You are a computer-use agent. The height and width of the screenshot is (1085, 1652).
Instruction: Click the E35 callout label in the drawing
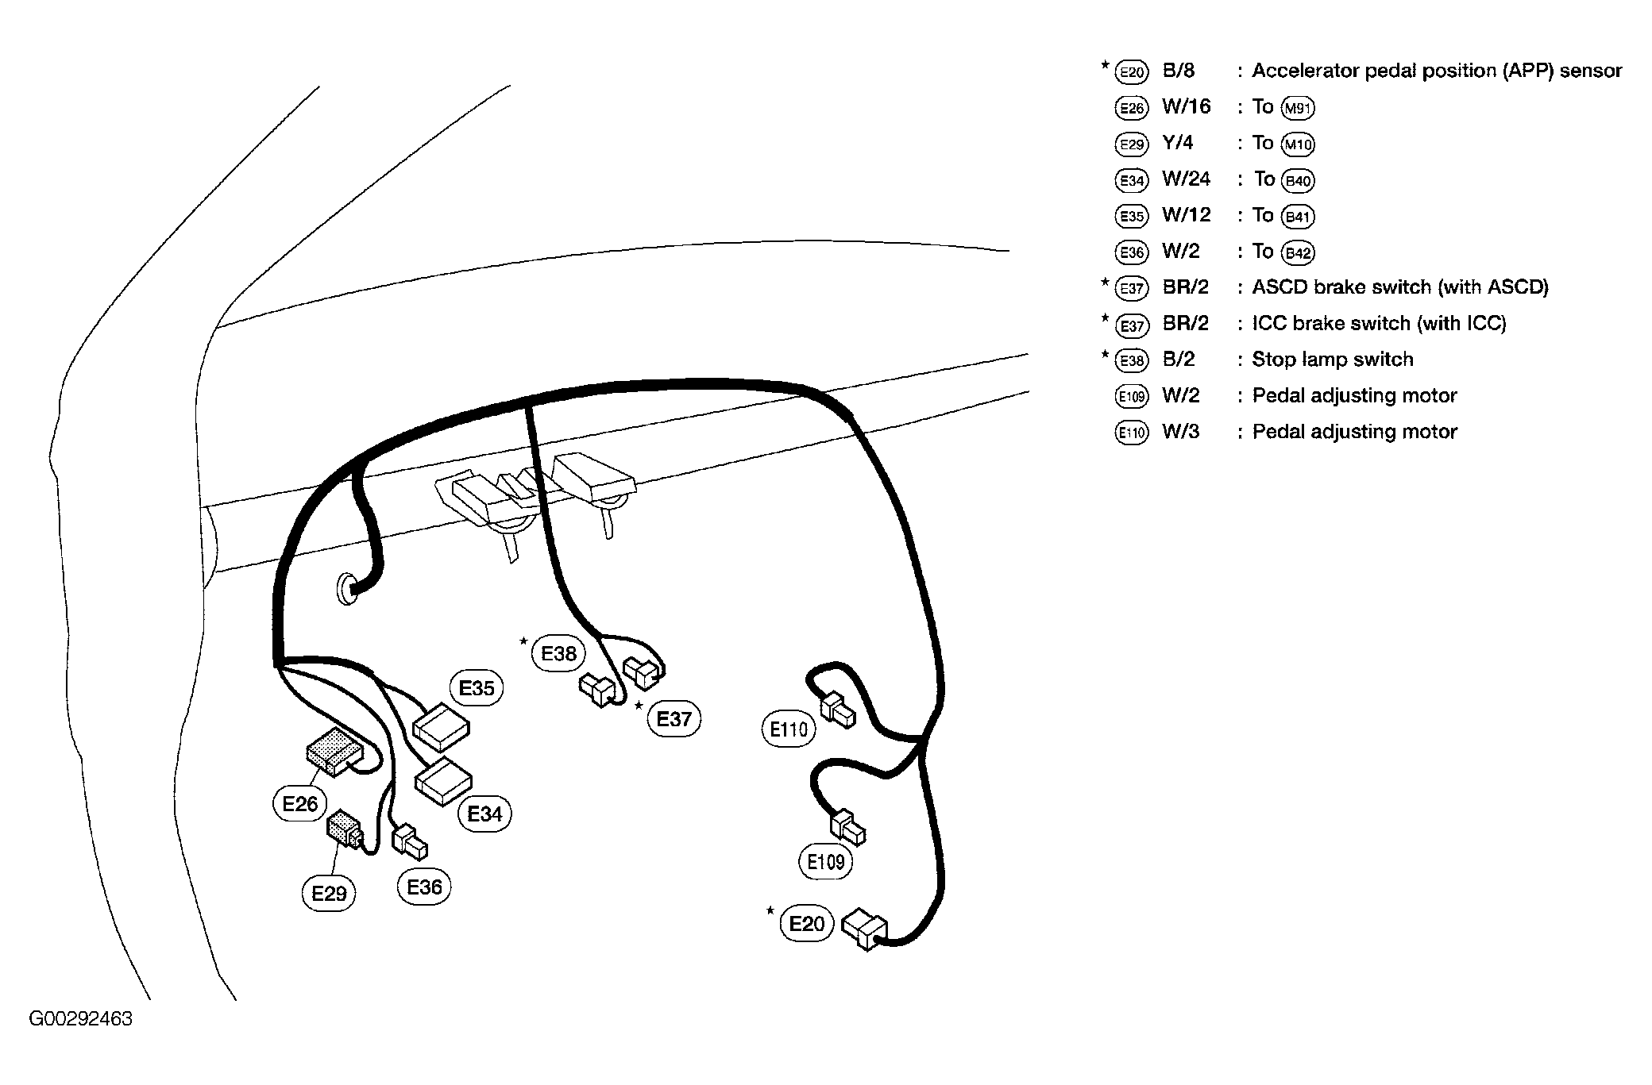477,688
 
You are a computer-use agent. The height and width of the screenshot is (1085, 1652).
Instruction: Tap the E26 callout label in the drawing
299,804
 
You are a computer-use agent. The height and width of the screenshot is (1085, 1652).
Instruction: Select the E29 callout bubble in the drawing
329,894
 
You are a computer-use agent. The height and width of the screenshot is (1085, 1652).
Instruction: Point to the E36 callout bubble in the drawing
424,887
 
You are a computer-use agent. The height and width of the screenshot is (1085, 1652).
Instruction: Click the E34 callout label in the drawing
484,814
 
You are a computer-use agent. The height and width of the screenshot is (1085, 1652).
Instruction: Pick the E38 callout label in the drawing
558,653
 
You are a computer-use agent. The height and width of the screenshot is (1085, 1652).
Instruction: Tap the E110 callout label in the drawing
789,729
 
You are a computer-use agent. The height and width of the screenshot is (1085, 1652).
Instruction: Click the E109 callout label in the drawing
825,861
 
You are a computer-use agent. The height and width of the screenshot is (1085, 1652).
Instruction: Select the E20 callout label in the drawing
807,924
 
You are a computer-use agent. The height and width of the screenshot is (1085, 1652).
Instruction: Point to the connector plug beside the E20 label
865,929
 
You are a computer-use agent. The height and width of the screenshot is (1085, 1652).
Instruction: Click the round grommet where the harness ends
348,588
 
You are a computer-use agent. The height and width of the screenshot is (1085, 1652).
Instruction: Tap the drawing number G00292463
81,1019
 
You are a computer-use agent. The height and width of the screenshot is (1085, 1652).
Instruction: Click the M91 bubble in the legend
1299,108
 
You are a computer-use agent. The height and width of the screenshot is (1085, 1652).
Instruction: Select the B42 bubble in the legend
1299,252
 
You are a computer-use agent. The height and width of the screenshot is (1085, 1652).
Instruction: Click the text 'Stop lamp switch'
1333,360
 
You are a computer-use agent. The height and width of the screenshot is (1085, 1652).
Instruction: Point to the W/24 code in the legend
1186,179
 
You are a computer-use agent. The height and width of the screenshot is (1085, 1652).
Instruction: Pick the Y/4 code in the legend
1178,143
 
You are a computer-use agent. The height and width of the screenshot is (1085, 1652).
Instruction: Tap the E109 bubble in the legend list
1131,396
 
